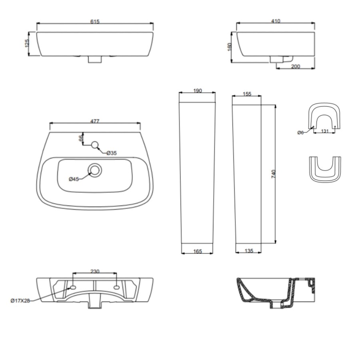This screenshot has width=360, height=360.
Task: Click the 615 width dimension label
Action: [95, 22]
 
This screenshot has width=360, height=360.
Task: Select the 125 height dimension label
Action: [27, 43]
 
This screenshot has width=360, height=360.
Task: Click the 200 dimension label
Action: [296, 66]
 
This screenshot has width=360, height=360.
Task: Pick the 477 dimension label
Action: [95, 121]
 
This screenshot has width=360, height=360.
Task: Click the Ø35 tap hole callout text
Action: [112, 153]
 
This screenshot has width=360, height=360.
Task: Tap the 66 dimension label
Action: [80, 138]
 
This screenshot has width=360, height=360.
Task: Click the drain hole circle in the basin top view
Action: [95, 170]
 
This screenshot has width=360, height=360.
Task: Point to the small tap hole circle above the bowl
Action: [95, 145]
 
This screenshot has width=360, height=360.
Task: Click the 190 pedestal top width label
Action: [197, 91]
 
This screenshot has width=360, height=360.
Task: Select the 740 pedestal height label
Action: [274, 174]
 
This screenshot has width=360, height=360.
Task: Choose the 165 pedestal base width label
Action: [197, 251]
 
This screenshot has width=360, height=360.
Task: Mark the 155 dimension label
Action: [247, 94]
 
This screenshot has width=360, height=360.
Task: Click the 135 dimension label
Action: [248, 251]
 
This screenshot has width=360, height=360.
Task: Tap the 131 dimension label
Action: [325, 130]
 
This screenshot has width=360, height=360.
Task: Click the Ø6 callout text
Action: [301, 132]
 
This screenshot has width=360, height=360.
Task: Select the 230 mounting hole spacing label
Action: [95, 271]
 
